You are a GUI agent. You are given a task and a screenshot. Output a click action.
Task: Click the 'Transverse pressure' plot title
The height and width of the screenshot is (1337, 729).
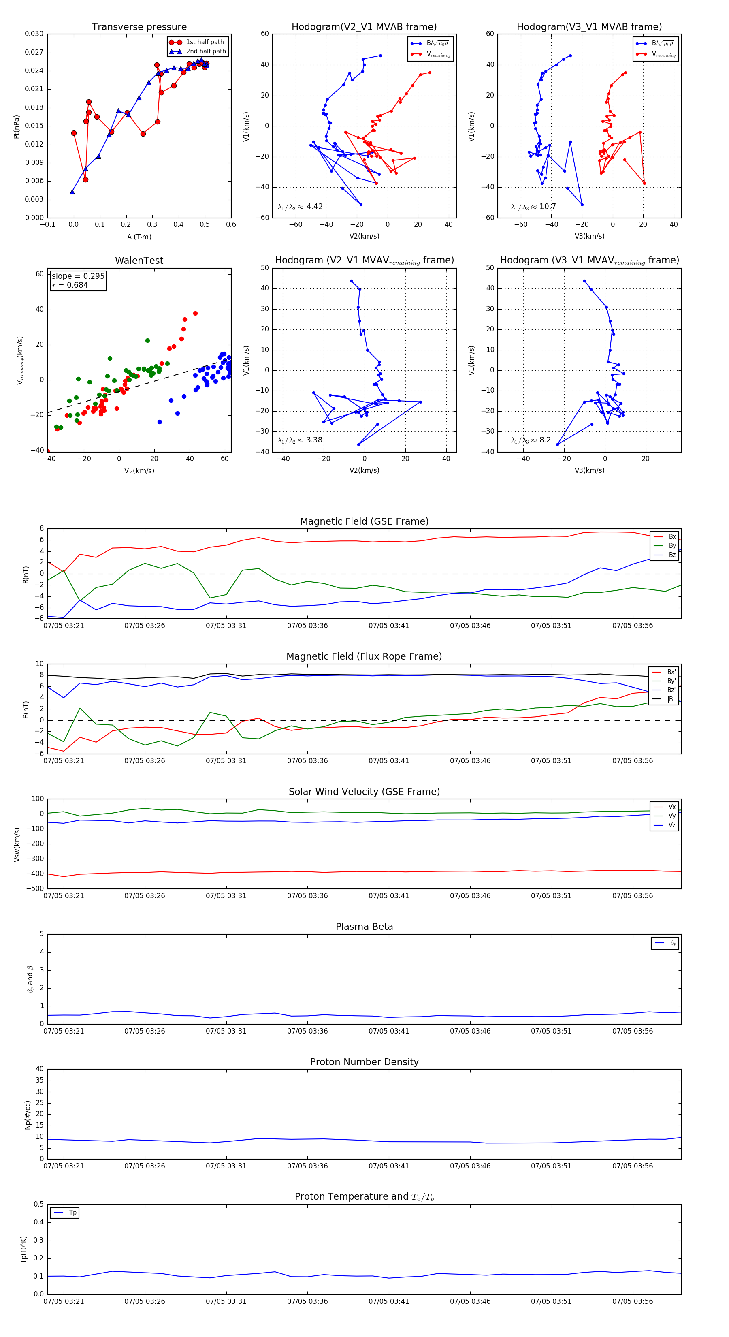[x=139, y=27]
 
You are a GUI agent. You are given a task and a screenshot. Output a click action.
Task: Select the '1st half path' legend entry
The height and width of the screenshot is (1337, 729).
[x=205, y=42]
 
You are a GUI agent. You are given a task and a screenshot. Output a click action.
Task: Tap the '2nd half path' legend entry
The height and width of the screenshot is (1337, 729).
[x=205, y=51]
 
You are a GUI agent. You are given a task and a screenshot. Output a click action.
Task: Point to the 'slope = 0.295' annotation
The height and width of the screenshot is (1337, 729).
[x=78, y=276]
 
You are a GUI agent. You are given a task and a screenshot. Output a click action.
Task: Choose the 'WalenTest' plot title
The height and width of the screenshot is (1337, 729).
[x=139, y=261]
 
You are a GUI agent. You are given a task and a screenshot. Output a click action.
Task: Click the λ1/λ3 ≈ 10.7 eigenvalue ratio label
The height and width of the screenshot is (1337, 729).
[x=533, y=207]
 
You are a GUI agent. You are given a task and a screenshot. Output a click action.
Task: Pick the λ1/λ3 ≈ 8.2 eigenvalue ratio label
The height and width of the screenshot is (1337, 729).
[x=531, y=440]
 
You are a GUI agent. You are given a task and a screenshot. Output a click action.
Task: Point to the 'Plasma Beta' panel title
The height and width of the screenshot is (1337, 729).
[x=364, y=927]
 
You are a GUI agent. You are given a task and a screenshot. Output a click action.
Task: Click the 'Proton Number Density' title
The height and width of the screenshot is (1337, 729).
[x=364, y=1062]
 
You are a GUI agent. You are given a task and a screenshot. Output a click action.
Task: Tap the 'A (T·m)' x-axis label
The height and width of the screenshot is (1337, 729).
[x=139, y=237]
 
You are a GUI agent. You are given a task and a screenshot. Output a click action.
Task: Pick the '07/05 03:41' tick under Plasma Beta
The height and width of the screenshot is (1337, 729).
[x=389, y=1031]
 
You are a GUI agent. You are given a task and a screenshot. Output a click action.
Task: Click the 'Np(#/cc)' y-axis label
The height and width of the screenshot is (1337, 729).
[x=28, y=1115]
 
